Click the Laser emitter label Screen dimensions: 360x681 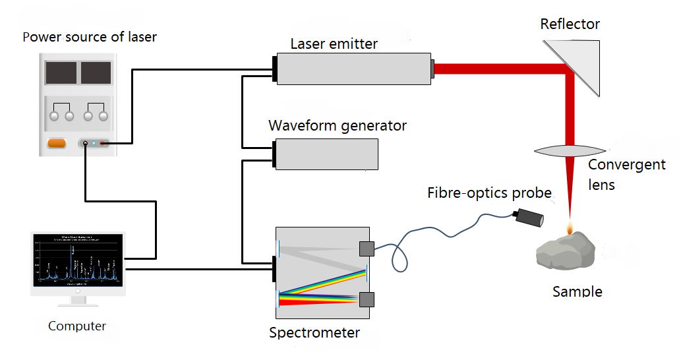pos(334,44)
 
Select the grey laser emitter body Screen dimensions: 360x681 pos(353,68)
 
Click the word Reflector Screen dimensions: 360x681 pos(570,24)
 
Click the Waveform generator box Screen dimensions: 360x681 pos(327,154)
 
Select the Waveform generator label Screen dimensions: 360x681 pos(338,125)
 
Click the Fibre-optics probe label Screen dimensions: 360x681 pos(489,193)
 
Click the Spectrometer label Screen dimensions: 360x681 pos(314,333)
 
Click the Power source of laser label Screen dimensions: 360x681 pos(90,36)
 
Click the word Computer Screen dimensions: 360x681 pos(77,326)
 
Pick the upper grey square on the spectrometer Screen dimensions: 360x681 pos(367,249)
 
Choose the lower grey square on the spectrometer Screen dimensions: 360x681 pos(367,299)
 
